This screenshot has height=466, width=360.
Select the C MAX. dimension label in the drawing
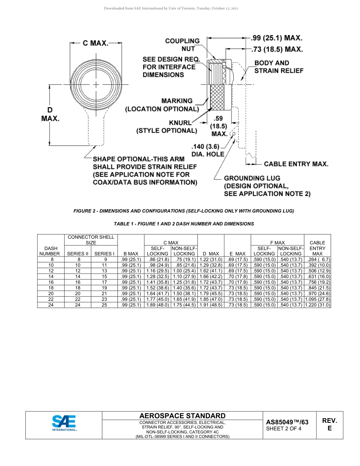point(95,43)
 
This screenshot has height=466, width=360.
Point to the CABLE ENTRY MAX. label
point(296,164)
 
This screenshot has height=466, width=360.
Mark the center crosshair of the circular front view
point(96,84)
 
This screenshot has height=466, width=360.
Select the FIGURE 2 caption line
point(183,211)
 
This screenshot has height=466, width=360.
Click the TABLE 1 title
point(184,224)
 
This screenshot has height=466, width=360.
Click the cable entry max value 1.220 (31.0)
point(318,305)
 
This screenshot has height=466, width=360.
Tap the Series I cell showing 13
point(105,271)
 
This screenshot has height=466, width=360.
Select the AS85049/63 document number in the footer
point(287,422)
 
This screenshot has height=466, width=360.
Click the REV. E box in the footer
point(329,425)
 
